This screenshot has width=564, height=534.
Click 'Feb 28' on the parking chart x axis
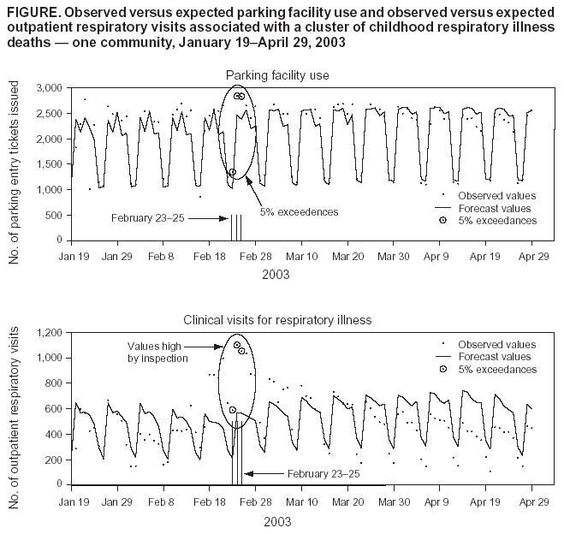click(x=256, y=256)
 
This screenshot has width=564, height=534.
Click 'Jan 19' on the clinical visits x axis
click(x=72, y=501)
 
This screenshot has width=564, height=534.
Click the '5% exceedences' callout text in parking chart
click(x=299, y=211)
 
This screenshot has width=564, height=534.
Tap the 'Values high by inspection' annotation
click(x=158, y=352)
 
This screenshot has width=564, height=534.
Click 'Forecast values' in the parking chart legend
click(x=495, y=208)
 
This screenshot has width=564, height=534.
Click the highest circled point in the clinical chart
click(x=236, y=345)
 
